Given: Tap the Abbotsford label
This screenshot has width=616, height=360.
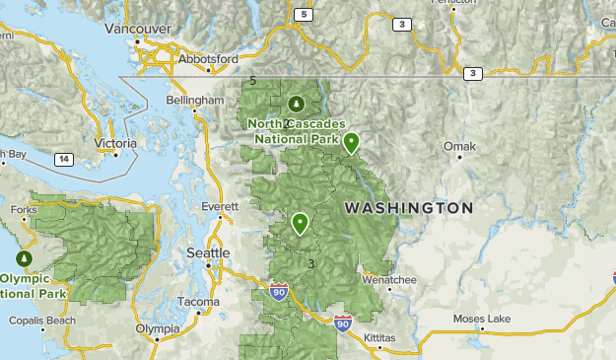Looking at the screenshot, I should click(208, 59).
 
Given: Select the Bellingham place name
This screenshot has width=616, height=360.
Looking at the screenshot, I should click(195, 101).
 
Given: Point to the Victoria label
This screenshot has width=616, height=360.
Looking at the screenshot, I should click(114, 143).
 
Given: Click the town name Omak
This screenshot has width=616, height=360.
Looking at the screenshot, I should click(459, 147).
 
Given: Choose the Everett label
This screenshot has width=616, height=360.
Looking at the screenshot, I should click(220, 207).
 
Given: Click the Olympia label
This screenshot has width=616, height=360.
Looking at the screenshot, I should click(159, 328).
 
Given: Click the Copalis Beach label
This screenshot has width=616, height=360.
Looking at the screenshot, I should click(41, 321).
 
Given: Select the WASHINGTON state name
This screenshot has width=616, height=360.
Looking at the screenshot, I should click(408, 209).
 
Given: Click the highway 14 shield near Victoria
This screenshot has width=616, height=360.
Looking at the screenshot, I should click(63, 159).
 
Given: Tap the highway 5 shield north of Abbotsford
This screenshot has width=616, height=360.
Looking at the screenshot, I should click(304, 15).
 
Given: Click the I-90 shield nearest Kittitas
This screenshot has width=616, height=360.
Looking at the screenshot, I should click(341, 323).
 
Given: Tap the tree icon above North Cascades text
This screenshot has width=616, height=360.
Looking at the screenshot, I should click(296, 104).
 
